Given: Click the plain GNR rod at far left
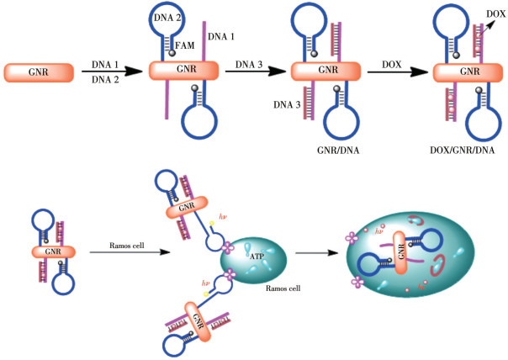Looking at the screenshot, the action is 39,72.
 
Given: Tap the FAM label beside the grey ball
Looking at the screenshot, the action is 185,45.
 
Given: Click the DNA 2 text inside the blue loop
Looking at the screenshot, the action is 167,18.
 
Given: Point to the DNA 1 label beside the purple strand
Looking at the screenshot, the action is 221,37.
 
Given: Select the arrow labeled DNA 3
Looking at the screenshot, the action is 256,71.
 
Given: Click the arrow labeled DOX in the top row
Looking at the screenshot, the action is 398,72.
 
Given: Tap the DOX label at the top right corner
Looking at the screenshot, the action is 496,13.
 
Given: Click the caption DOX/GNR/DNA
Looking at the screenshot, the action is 462,150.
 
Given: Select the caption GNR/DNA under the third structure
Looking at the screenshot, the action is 338,151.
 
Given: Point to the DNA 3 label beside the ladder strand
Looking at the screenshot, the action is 287,104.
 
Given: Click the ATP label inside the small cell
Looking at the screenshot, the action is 257,257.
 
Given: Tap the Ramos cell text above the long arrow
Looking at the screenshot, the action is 127,246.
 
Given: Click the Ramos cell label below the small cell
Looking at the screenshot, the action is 283,288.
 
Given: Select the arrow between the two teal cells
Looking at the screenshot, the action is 317,252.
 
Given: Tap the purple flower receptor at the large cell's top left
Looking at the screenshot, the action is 352,238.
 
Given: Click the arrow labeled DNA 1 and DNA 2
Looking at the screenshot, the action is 112,71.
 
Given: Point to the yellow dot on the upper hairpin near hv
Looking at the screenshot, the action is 212,223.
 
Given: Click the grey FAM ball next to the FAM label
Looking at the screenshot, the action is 172,53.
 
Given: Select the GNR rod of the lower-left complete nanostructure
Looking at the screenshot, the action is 54,251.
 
